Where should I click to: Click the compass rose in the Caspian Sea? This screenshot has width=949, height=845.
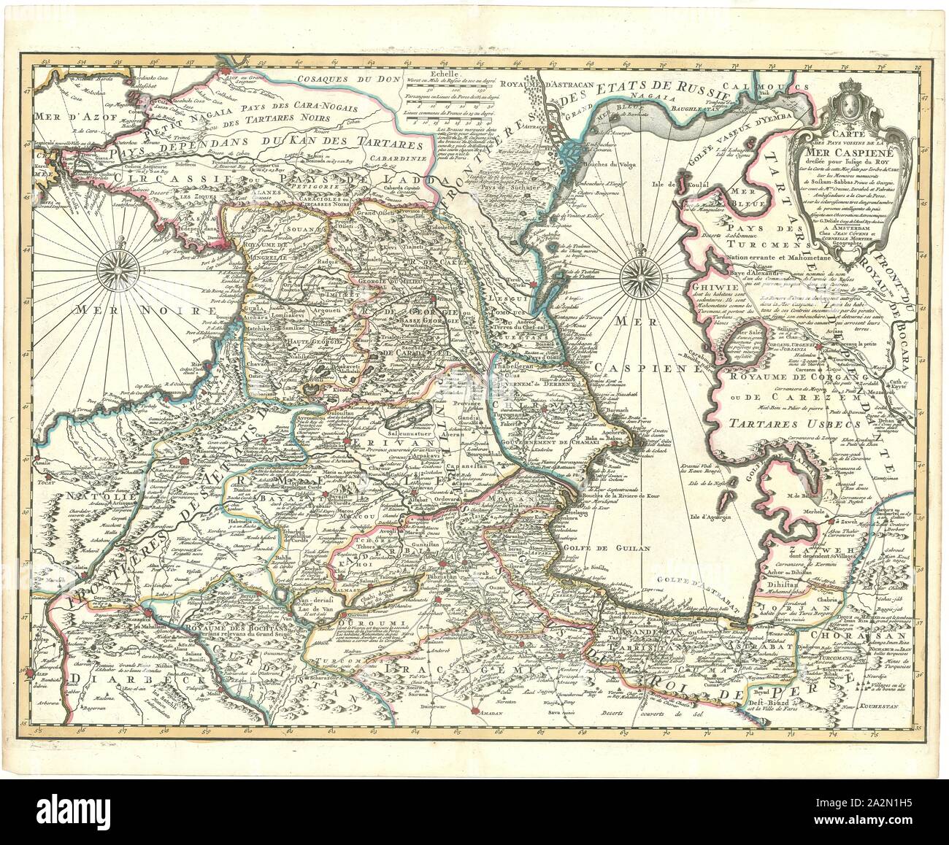pos(640,278)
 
